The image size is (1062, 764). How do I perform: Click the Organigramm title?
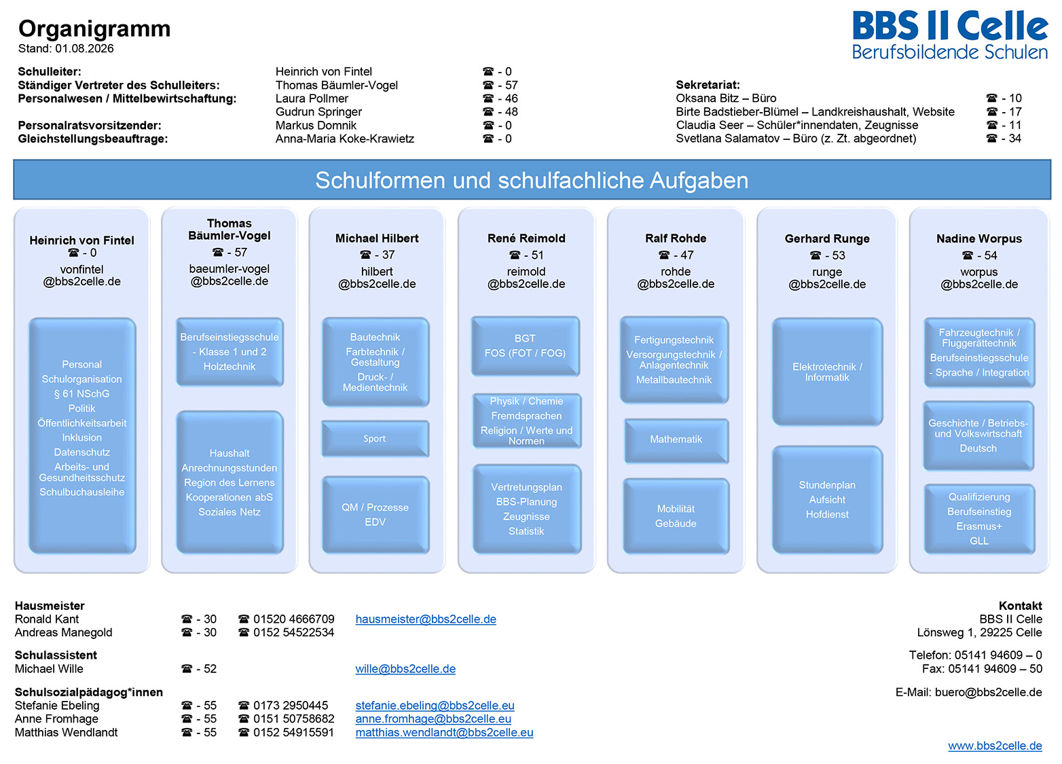pyautogui.click(x=94, y=29)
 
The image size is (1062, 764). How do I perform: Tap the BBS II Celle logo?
pyautogui.click(x=950, y=35)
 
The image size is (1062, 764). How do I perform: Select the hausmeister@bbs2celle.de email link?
pyautogui.click(x=426, y=619)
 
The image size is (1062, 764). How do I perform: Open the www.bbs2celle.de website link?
pyautogui.click(x=995, y=746)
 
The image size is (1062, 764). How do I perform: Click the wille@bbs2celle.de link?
pyautogui.click(x=405, y=669)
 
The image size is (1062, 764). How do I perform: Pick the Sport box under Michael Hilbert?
pyautogui.click(x=375, y=439)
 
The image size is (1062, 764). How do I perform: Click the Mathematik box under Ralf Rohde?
pyautogui.click(x=676, y=440)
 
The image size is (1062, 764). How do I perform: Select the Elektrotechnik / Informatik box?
pyautogui.click(x=827, y=371)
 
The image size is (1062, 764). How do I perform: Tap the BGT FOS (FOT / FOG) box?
pyautogui.click(x=526, y=346)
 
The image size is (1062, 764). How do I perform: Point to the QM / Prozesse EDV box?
pyautogui.click(x=375, y=515)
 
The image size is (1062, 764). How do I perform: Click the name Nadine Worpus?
pyautogui.click(x=979, y=238)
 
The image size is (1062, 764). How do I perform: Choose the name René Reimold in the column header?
pyautogui.click(x=526, y=238)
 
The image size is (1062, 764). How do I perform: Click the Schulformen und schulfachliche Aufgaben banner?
pyautogui.click(x=532, y=180)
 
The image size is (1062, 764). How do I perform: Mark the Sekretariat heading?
pyautogui.click(x=708, y=85)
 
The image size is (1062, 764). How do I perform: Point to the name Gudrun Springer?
pyautogui.click(x=318, y=112)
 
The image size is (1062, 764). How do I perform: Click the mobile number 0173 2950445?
pyautogui.click(x=291, y=705)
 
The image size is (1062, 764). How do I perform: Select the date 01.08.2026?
pyautogui.click(x=84, y=48)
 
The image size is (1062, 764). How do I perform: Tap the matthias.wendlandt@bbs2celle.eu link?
pyautogui.click(x=444, y=732)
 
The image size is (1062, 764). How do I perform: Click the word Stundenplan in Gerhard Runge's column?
pyautogui.click(x=827, y=485)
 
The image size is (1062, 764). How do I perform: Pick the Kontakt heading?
pyautogui.click(x=1021, y=606)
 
